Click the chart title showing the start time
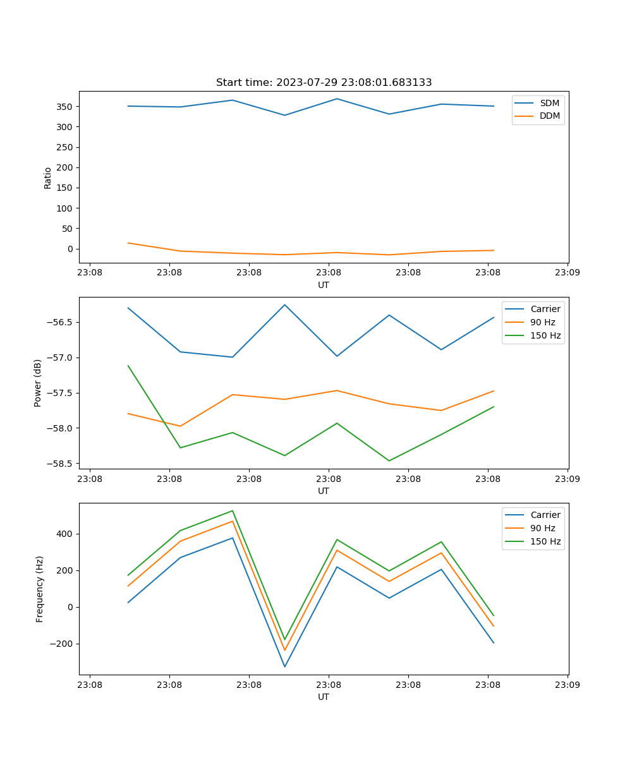[324, 83]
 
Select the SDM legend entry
[549, 102]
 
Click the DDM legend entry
[549, 116]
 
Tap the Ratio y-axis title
[48, 177]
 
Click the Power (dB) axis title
[38, 383]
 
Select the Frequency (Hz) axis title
[40, 589]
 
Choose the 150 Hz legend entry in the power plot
[545, 335]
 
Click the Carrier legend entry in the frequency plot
[545, 515]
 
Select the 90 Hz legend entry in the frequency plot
[543, 528]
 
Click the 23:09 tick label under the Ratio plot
[568, 274]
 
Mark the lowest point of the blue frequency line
[284, 666]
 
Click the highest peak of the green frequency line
[233, 510]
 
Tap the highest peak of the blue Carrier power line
[284, 304]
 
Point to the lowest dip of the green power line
[389, 460]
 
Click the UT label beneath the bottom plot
[324, 697]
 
